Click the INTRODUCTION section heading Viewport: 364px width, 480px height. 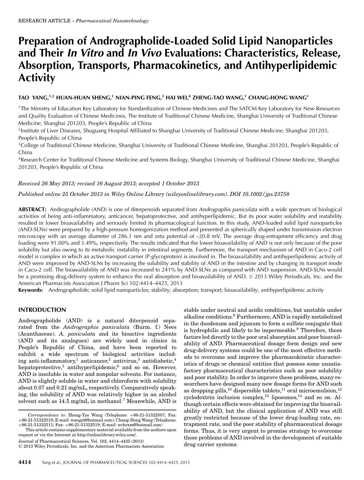42,310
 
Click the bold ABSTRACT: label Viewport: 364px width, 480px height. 32,209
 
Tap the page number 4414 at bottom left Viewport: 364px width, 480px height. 25,462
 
